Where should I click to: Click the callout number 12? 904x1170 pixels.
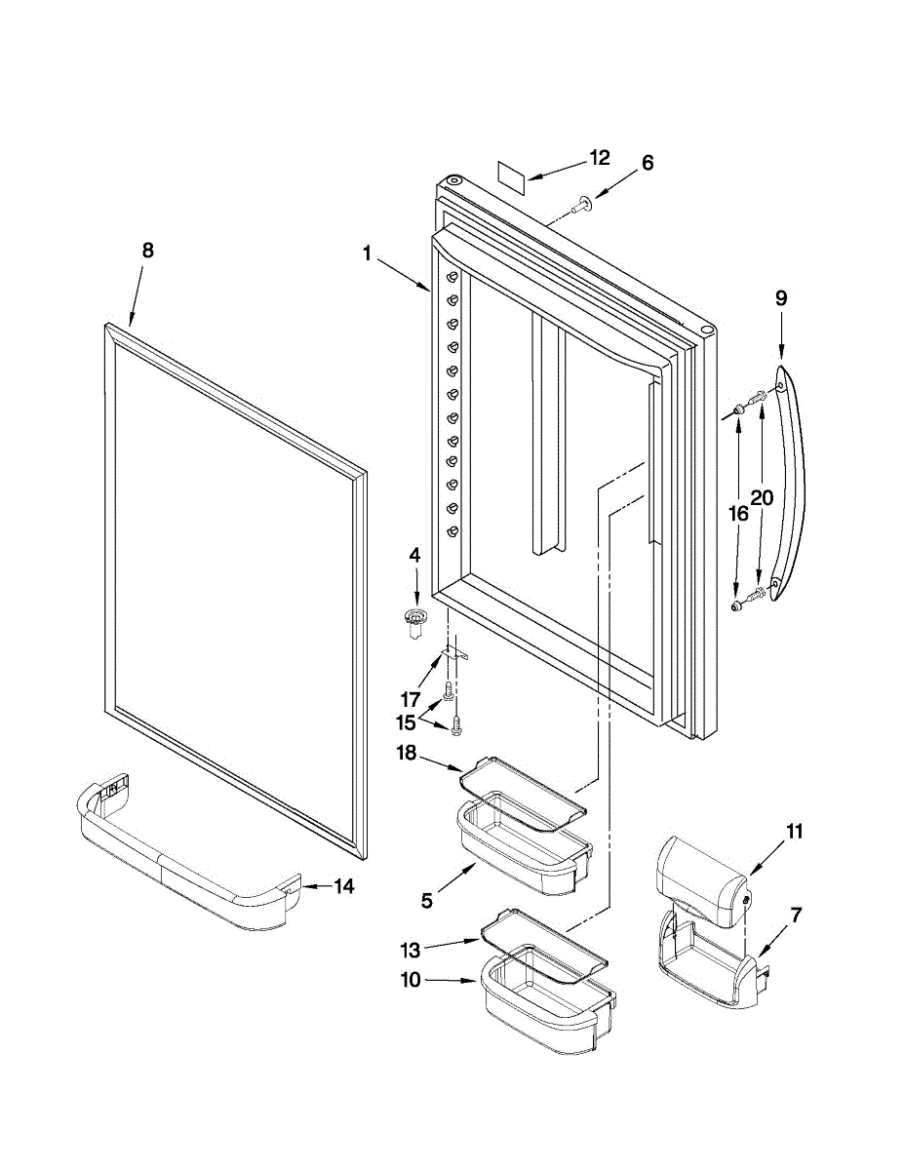click(599, 158)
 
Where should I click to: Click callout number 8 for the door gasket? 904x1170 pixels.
click(147, 250)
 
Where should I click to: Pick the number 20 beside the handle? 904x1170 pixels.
click(762, 497)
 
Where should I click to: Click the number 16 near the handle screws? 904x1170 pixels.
click(738, 513)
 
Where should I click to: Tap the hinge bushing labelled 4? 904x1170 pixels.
click(417, 620)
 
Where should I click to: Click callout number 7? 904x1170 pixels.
click(797, 915)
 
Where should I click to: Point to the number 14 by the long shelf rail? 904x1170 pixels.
click(343, 886)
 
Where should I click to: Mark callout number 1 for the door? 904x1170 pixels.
click(367, 253)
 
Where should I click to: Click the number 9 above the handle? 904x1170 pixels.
click(781, 299)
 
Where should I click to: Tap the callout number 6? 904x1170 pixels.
click(648, 163)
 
